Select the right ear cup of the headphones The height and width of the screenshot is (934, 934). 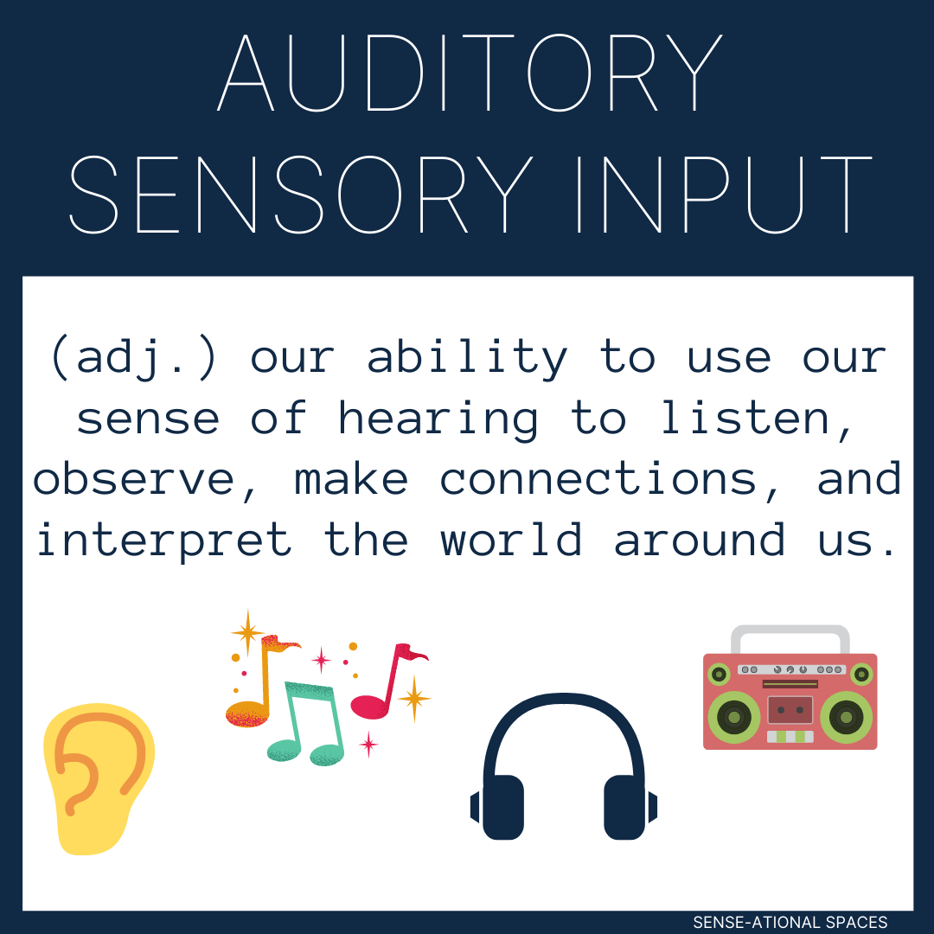click(x=625, y=806)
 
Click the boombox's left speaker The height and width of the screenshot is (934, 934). click(x=733, y=716)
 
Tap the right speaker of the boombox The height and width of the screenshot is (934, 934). click(x=846, y=716)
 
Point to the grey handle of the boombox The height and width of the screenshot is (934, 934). click(x=790, y=636)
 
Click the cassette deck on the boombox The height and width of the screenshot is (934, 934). click(x=790, y=709)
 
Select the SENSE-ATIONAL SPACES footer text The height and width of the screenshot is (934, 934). click(x=790, y=923)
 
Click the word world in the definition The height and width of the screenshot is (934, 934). click(x=511, y=540)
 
